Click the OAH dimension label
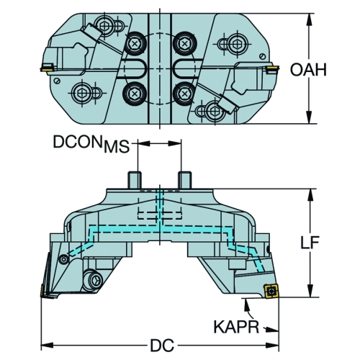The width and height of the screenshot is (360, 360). [x=308, y=70]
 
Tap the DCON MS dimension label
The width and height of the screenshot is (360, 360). [x=91, y=143]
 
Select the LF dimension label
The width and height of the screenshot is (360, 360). [x=310, y=243]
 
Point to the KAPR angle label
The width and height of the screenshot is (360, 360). [x=236, y=326]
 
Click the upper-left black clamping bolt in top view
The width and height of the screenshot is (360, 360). [x=135, y=44]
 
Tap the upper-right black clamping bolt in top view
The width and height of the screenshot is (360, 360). [x=184, y=44]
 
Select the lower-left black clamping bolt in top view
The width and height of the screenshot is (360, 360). [x=135, y=93]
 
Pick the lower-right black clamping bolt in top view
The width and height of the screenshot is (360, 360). [x=184, y=93]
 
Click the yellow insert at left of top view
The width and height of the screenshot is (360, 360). [x=48, y=67]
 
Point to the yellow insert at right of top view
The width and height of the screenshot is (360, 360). [x=272, y=70]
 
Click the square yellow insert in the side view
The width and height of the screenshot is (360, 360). [x=271, y=291]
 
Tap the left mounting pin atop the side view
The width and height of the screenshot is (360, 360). [x=134, y=180]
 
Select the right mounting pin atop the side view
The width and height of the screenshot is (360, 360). [x=184, y=180]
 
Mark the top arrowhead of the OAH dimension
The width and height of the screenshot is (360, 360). [x=310, y=19]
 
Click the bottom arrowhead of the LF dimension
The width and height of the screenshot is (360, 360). [x=310, y=292]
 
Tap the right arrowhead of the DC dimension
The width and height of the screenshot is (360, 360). [x=273, y=346]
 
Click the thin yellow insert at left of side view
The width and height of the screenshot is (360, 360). [x=42, y=290]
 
